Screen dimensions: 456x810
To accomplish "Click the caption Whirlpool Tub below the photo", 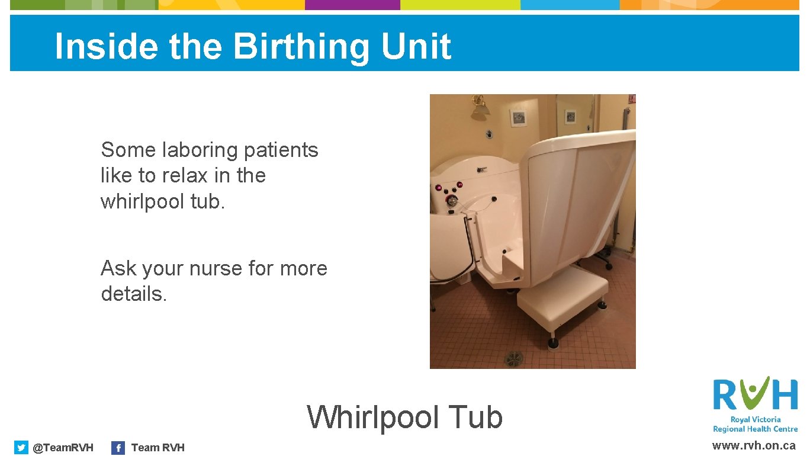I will (x=404, y=417).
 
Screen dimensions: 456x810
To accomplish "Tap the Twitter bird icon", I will (x=21, y=448).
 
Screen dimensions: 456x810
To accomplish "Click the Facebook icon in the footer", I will (x=118, y=448).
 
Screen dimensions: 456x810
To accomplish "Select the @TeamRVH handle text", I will (x=63, y=448).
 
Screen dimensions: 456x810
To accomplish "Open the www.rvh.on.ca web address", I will (x=753, y=446).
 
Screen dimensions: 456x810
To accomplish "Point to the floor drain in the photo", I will (x=513, y=358).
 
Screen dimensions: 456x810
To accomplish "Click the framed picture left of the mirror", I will (x=519, y=117).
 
